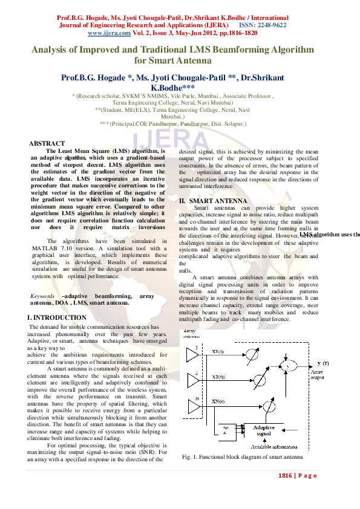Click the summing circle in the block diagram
point(288,366)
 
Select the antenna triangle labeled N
point(193,407)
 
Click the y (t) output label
point(322,363)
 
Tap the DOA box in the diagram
point(226,430)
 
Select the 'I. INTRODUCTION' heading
point(57,317)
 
